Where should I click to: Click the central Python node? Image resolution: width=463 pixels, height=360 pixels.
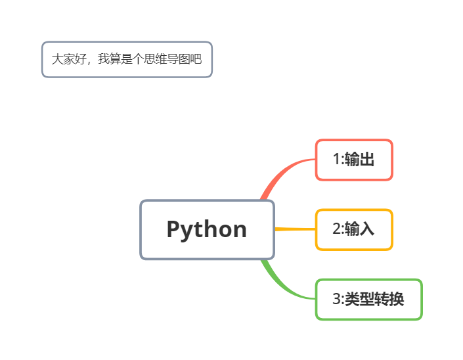pos(207,229)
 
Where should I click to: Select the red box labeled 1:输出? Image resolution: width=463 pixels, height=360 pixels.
pos(354,160)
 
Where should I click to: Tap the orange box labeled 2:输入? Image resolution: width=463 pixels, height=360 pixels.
pos(354,229)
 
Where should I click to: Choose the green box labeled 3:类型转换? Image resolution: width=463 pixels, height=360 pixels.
pos(368,300)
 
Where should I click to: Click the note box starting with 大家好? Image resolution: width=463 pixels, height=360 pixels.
pos(127,59)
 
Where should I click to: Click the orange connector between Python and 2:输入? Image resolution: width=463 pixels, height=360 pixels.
pos(294,229)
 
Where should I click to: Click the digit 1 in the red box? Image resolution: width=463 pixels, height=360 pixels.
pos(336,160)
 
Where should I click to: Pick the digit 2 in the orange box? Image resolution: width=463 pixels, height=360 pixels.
pos(336,229)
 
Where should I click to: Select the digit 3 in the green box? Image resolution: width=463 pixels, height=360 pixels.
pos(336,300)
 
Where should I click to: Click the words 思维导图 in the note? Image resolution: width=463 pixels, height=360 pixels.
pos(167,59)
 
